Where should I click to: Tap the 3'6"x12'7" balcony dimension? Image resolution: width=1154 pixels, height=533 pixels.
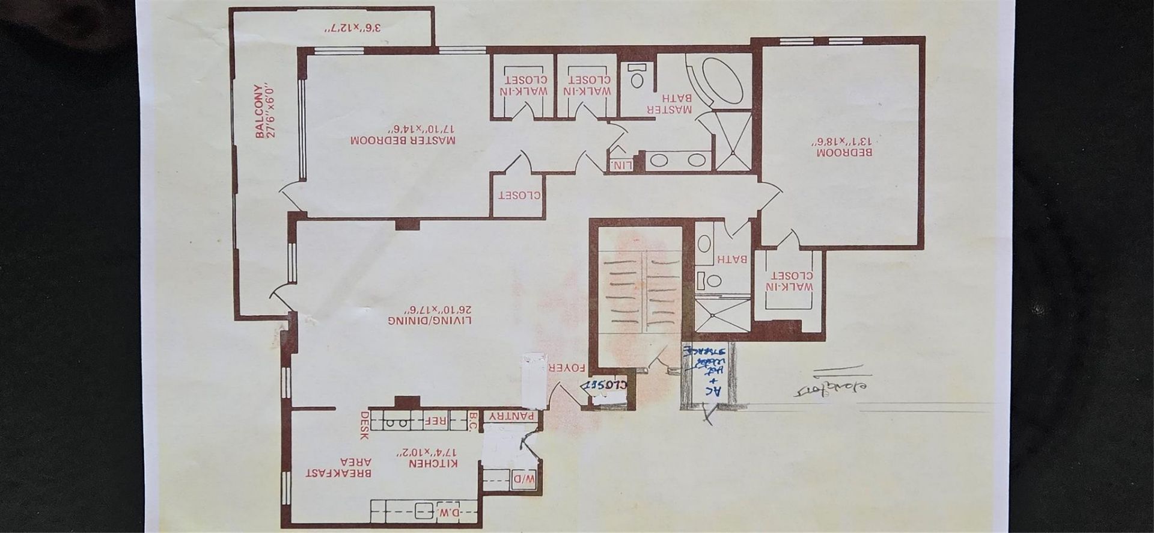[x=335, y=28]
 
